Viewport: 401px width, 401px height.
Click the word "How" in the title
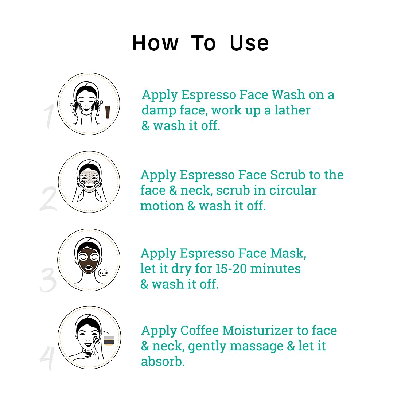pos(155,43)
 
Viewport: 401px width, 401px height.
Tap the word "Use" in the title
pos(249,43)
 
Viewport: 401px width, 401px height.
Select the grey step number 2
pos(48,199)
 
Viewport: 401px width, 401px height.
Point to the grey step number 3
pos(48,280)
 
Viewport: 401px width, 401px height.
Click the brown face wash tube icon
pos(108,112)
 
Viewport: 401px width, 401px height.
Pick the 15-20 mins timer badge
pos(104,273)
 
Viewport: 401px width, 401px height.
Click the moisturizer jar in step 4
pos(109,341)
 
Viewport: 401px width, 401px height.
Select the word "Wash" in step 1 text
pos(288,95)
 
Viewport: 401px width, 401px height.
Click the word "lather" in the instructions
pos(292,110)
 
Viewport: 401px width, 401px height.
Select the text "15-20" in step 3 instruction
pos(231,269)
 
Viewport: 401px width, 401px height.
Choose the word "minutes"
pos(276,269)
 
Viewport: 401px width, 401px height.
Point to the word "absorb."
pos(163,362)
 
